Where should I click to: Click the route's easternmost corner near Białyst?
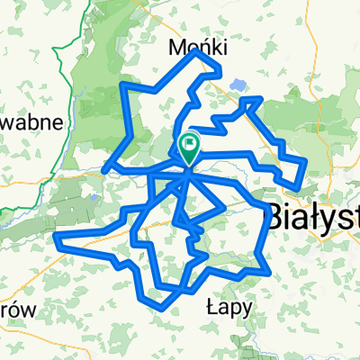[x=306, y=161]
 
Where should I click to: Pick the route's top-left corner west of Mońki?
[x=122, y=85]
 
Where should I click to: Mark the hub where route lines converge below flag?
[x=188, y=171]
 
